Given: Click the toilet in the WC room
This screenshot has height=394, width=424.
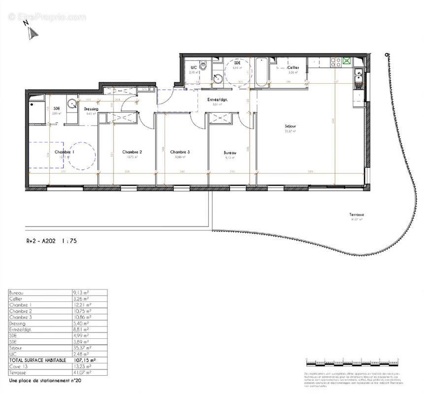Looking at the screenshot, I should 202,69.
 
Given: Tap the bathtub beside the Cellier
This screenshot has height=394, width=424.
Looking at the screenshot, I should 261,72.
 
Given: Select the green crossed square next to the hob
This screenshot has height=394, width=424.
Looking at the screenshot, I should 348,62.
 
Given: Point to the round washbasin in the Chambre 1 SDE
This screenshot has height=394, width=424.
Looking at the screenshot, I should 72,104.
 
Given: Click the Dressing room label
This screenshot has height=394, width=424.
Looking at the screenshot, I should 91,109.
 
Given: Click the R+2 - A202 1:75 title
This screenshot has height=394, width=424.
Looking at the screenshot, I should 51,241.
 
